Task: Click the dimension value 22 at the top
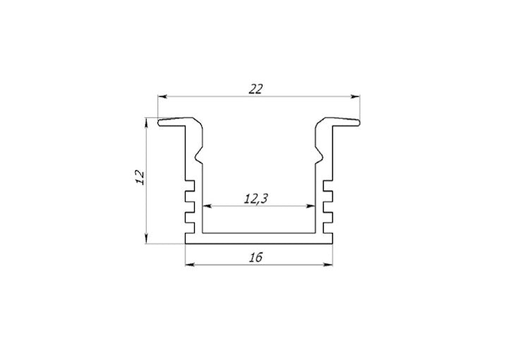(x=255, y=89)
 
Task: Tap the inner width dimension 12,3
(x=255, y=199)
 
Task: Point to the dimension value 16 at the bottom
(x=255, y=258)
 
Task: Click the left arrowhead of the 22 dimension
(x=161, y=97)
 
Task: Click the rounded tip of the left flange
(x=160, y=124)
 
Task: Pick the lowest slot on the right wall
(x=328, y=226)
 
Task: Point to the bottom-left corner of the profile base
(x=186, y=244)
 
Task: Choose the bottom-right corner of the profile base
(x=332, y=244)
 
